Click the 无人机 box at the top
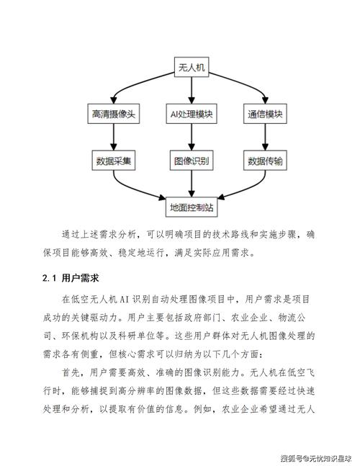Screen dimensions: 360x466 pyautogui.click(x=192, y=68)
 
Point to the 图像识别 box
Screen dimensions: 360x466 pyautogui.click(x=192, y=161)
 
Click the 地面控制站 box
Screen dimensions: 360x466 pyautogui.click(x=192, y=207)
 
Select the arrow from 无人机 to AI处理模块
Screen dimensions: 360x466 pyautogui.click(x=192, y=91)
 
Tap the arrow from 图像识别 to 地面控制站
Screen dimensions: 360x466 pyautogui.click(x=192, y=184)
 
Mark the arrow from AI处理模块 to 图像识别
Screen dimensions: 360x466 pyautogui.click(x=192, y=138)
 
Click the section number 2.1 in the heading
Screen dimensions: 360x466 pyautogui.click(x=49, y=277)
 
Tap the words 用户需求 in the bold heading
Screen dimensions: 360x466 pyautogui.click(x=80, y=277)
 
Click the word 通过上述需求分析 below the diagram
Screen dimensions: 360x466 pyautogui.click(x=98, y=235)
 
